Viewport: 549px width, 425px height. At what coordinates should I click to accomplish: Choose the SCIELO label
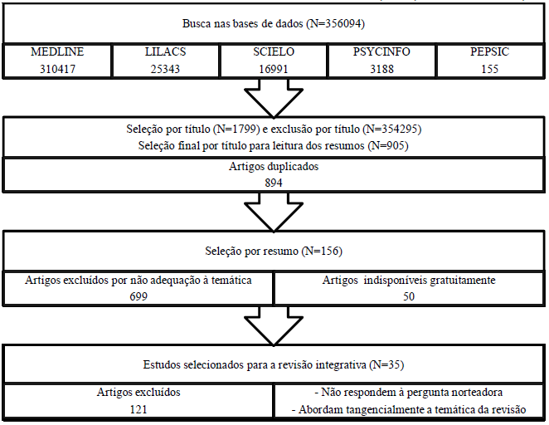[x=273, y=52]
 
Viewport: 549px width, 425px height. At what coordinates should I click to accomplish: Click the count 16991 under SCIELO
[x=273, y=68]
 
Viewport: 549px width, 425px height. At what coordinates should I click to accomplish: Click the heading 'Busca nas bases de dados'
[x=274, y=24]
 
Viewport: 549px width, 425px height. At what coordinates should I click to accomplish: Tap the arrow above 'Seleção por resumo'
[x=273, y=215]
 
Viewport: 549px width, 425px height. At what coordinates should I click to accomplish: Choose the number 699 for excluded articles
[x=138, y=296]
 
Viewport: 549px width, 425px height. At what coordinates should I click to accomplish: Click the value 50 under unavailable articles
[x=409, y=296]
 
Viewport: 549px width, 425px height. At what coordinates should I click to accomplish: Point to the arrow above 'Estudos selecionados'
[x=273, y=327]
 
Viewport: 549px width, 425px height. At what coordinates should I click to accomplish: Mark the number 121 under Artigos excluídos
[x=138, y=409]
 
